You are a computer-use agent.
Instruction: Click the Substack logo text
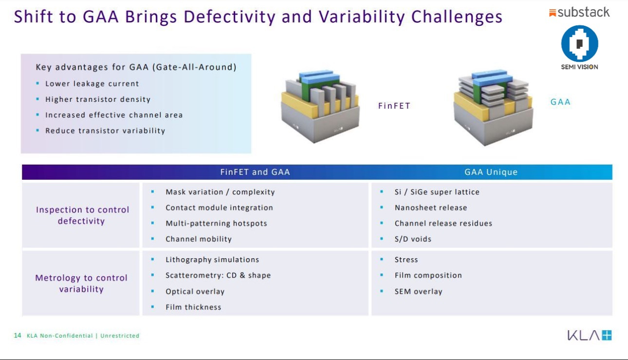[583, 12]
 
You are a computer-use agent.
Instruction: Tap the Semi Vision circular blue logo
[579, 43]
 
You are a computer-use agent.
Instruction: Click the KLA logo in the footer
[589, 335]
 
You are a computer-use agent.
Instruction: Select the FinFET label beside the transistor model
[394, 106]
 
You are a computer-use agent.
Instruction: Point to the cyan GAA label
[560, 102]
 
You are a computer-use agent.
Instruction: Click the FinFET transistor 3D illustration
[320, 106]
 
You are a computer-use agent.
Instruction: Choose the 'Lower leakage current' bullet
[92, 84]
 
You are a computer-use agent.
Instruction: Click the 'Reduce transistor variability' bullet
[105, 131]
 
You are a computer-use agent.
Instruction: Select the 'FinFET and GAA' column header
[255, 172]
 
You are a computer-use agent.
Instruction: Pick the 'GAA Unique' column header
[491, 172]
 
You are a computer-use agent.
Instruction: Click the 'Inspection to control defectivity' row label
[82, 215]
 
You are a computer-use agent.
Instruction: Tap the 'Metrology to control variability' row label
[81, 284]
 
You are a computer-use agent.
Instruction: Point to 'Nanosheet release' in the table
[431, 208]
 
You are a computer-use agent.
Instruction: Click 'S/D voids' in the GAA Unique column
[413, 239]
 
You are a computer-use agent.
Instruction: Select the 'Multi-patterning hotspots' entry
[216, 224]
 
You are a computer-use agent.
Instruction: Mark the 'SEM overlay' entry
[418, 292]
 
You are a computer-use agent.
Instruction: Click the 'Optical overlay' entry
[195, 292]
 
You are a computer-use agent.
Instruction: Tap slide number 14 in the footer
[18, 335]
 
